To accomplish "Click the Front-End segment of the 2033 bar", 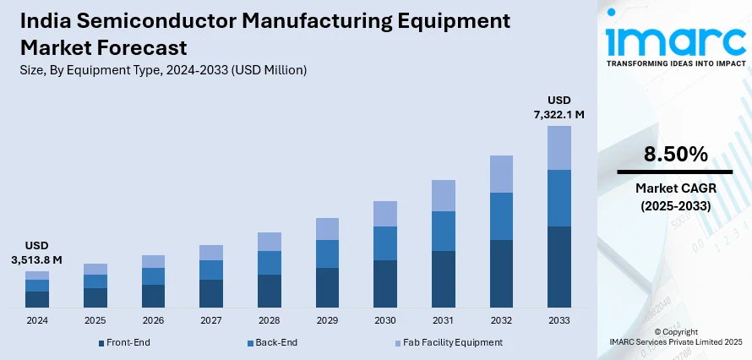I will point(559,266).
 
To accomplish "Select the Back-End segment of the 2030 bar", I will point(385,243).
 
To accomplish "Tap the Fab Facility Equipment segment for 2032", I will point(501,173).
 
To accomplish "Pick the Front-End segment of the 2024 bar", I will point(37,298).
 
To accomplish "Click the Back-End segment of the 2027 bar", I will point(211,270).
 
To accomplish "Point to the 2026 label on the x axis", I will point(153,321).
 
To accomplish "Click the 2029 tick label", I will point(327,321).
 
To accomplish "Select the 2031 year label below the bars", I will point(443,321).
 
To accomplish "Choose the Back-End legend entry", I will point(272,342).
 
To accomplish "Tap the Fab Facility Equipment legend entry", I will point(449,342).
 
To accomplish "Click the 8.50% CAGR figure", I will point(673,154).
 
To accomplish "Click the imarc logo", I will point(673,38).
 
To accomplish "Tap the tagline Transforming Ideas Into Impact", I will point(673,63).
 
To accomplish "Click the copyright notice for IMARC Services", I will point(675,335).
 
